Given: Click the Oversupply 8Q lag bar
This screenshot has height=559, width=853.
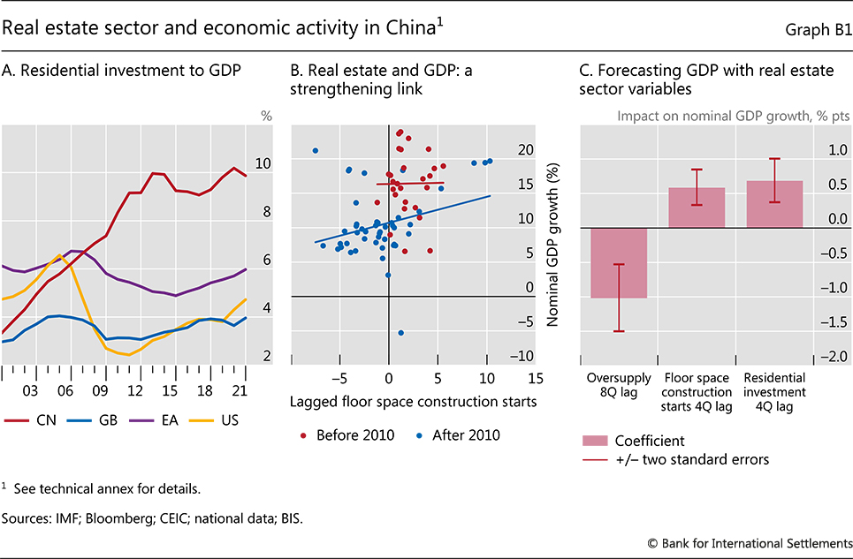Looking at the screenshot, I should [619, 263].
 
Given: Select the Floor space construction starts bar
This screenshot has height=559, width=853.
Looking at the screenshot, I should [697, 208].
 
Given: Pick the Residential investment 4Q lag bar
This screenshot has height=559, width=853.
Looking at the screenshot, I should [774, 205].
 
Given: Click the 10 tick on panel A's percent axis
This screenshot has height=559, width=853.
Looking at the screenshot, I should [263, 163].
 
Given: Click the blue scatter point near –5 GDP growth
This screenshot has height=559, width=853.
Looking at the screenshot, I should [400, 333].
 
